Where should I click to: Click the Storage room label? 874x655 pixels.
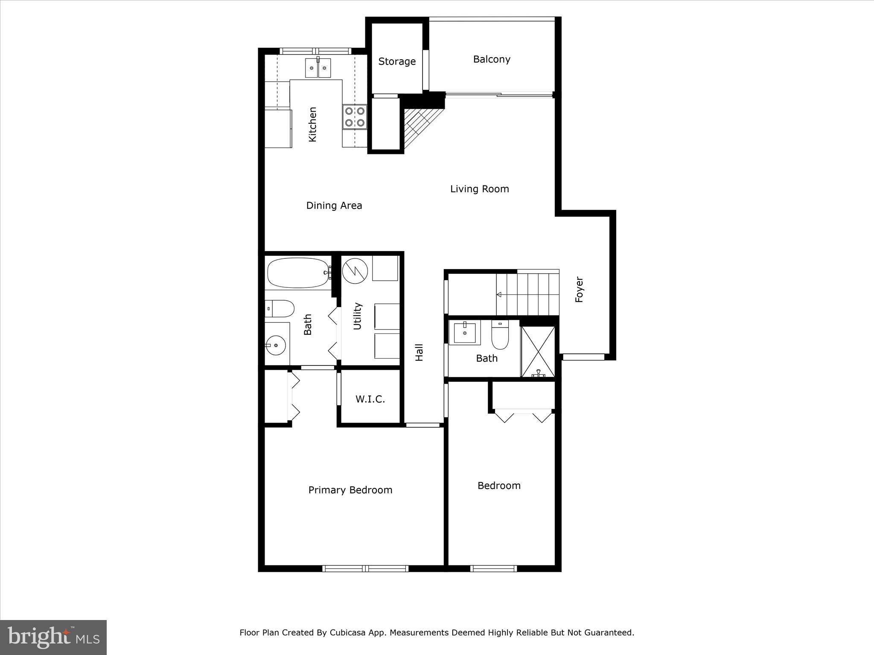click(397, 61)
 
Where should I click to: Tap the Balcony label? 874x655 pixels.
click(492, 59)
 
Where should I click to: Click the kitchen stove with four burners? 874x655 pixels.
click(355, 117)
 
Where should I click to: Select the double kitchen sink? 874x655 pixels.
click(318, 68)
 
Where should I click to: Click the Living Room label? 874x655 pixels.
click(479, 189)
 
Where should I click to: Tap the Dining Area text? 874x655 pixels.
click(334, 206)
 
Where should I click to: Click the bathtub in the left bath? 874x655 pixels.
click(298, 272)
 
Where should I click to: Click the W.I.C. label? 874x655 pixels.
click(370, 399)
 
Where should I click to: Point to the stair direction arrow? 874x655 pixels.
click(499, 294)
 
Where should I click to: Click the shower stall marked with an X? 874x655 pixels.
click(538, 352)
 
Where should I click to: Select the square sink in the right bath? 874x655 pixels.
click(464, 333)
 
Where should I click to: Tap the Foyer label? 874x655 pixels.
click(579, 290)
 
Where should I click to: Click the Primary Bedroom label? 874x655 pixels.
click(350, 490)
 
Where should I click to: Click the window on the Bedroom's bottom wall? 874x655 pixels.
click(494, 568)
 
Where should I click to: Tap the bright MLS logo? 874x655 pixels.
click(53, 638)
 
